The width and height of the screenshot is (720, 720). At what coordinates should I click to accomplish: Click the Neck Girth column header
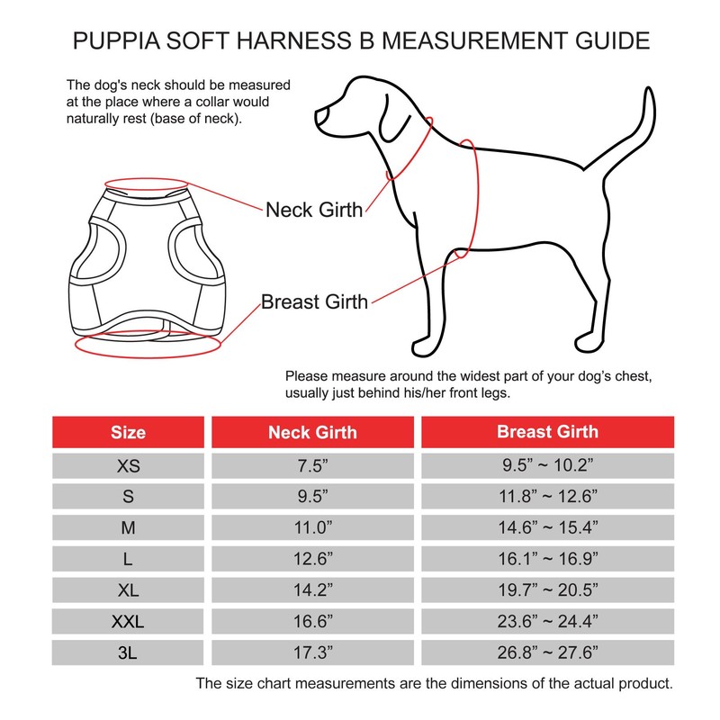point(312,432)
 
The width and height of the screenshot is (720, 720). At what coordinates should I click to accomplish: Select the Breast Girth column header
point(547,432)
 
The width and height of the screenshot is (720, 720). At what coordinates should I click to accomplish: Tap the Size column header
point(128,432)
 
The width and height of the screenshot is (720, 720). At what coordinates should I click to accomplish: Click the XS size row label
point(128,465)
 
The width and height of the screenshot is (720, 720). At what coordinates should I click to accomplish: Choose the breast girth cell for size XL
point(547,589)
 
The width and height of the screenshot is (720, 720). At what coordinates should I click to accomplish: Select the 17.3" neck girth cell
point(312,652)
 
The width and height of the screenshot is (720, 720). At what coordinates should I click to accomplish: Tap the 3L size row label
point(128,652)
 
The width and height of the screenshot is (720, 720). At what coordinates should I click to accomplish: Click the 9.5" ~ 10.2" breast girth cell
point(547,465)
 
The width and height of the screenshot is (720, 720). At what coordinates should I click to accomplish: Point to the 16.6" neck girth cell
point(312,621)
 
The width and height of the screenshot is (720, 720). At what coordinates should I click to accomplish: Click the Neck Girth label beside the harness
point(314,211)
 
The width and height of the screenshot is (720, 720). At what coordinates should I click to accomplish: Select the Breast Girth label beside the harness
point(314,301)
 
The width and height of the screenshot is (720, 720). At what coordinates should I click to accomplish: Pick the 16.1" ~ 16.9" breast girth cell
point(547,558)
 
